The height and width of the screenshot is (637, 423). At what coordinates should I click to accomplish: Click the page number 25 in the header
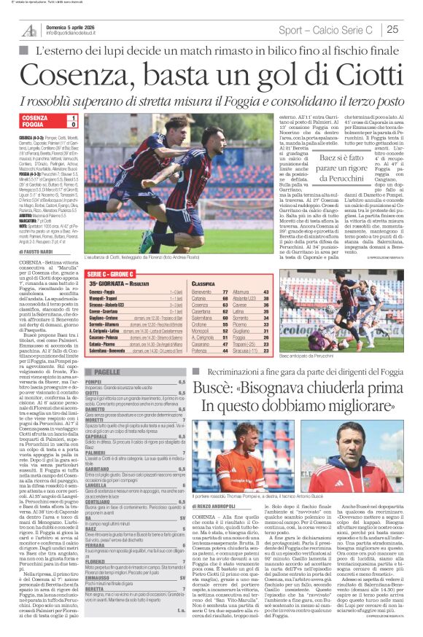pyautogui.click(x=392, y=29)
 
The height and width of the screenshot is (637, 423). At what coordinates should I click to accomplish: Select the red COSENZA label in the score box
pyautogui.click(x=35, y=117)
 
